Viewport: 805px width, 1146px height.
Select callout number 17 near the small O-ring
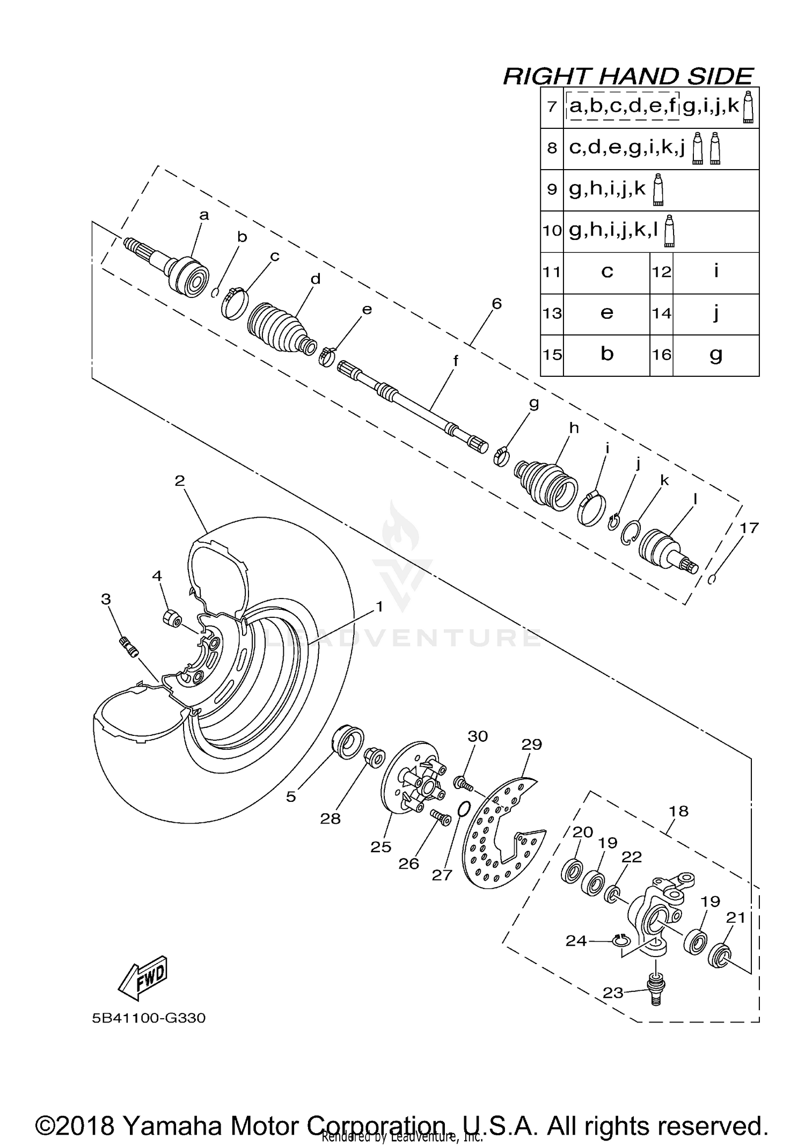pos(749,528)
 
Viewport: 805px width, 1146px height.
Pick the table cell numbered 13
pos(552,313)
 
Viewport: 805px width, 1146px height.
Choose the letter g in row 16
pos(716,354)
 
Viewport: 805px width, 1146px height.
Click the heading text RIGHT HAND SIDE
pos(628,77)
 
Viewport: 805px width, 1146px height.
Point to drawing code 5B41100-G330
pos(149,1018)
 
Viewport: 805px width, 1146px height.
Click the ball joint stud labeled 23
pos(655,991)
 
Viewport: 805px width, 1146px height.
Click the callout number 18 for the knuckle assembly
pos(678,811)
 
